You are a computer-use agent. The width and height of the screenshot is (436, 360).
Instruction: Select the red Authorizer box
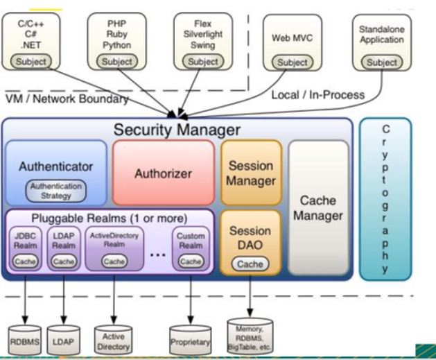coord(164,171)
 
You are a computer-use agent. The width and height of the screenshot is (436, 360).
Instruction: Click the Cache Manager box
coord(317,207)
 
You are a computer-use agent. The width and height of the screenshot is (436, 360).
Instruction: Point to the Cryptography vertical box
coord(385,199)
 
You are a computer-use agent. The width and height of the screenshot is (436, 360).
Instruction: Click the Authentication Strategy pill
coord(56,191)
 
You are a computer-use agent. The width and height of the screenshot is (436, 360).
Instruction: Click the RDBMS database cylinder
coord(26,339)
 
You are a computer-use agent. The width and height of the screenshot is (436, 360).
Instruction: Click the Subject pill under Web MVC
coord(292,62)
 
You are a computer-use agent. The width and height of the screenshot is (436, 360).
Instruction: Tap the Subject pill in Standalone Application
coord(381,62)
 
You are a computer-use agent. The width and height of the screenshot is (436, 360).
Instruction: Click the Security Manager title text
coord(177,130)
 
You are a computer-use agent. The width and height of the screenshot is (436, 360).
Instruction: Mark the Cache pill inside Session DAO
coord(250,264)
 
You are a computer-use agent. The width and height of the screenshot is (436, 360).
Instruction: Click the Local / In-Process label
coord(318,95)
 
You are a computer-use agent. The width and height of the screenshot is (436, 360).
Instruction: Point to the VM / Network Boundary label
coord(67,98)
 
